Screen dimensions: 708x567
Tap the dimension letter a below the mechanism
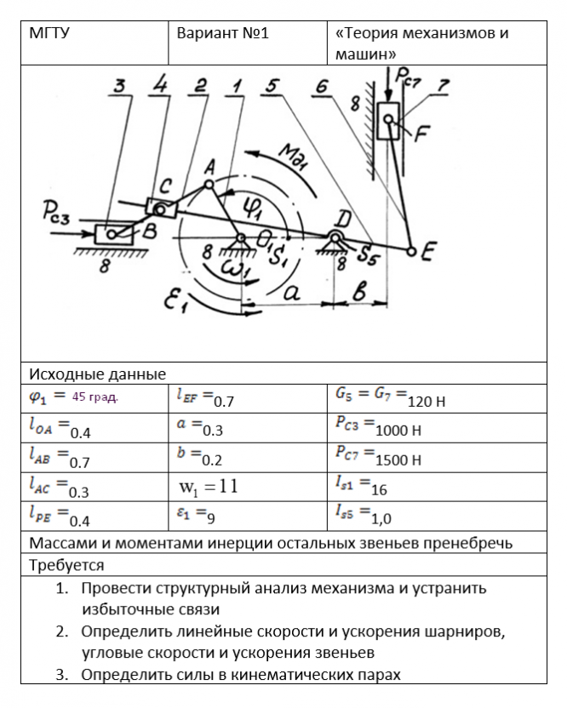tap(289, 292)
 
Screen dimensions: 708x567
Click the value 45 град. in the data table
tap(94, 397)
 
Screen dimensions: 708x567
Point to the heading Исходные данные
tap(98, 374)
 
